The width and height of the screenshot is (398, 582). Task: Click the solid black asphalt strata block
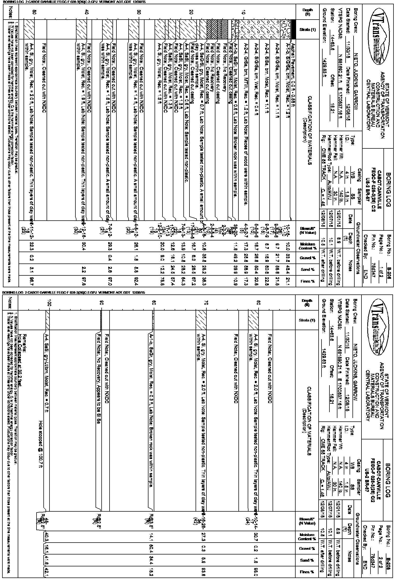coord(293,29)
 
